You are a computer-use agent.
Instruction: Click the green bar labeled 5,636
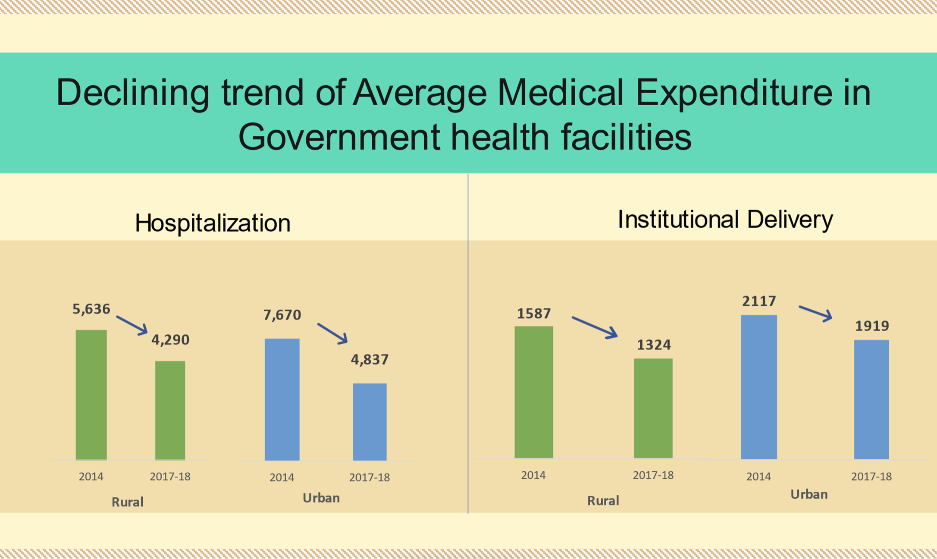(91, 395)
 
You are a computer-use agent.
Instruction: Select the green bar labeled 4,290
(170, 410)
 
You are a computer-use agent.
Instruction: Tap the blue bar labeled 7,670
(282, 399)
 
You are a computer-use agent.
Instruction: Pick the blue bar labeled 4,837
(370, 422)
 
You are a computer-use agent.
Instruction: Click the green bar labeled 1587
(534, 392)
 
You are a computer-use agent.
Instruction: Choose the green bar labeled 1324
(653, 408)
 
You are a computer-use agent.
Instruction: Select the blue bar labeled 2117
(759, 387)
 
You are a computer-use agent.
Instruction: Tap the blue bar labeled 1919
(871, 399)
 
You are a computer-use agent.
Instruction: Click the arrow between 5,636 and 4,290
(132, 325)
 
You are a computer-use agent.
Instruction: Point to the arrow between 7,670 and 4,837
(332, 333)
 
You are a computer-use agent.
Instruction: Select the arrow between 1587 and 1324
(595, 327)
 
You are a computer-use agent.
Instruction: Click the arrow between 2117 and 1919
(815, 313)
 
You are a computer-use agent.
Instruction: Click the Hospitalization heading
(213, 223)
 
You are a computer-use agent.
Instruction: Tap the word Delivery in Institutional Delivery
(790, 219)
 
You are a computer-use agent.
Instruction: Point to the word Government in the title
(339, 137)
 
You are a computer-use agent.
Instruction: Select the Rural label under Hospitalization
(127, 502)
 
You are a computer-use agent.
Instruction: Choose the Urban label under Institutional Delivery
(809, 494)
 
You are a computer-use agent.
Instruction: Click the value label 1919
(872, 326)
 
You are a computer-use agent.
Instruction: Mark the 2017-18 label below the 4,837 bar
(370, 477)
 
